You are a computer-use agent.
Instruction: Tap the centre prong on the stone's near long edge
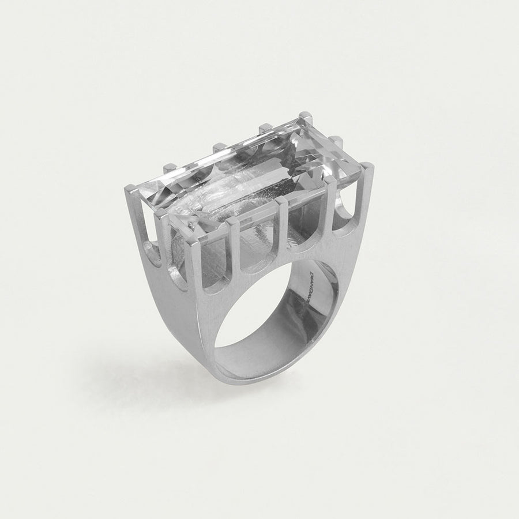(x=282, y=203)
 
